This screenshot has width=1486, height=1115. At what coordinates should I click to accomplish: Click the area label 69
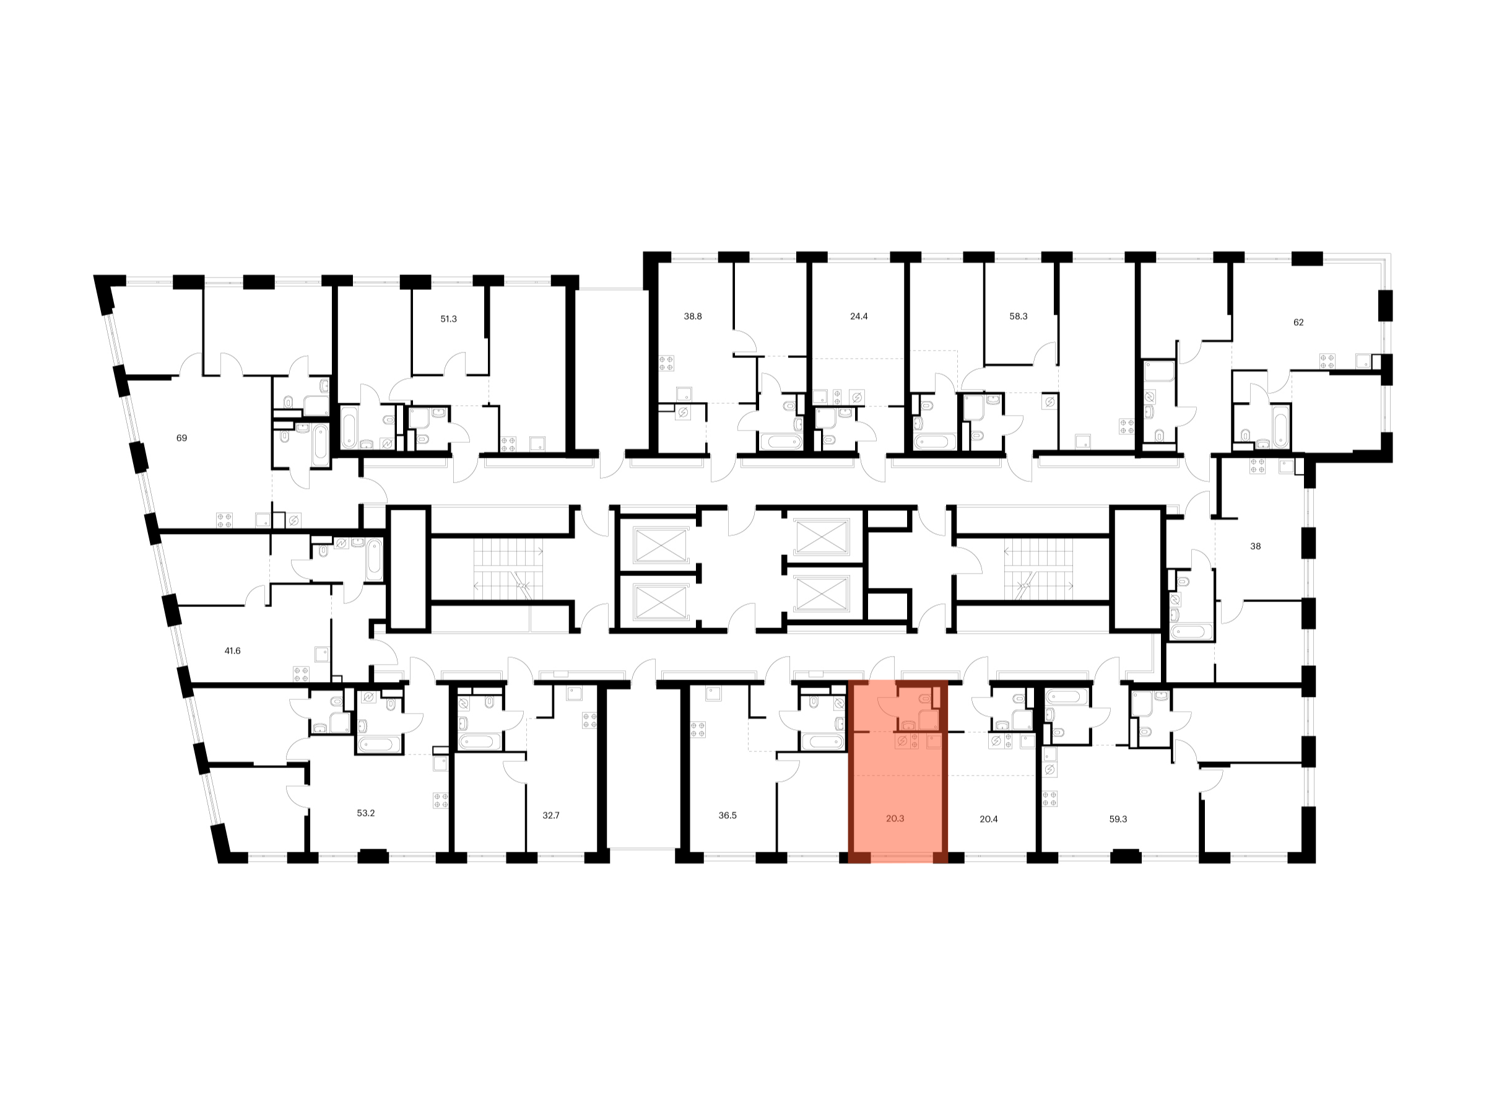coord(181,438)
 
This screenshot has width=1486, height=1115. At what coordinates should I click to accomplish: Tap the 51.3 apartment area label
coord(448,319)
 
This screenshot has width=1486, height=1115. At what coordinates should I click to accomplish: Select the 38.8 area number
coord(693,317)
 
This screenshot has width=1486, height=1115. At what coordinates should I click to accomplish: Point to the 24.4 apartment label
coord(859,317)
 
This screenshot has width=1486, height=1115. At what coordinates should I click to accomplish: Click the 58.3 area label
coord(1019,317)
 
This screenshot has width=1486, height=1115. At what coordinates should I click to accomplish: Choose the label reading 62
coord(1298,323)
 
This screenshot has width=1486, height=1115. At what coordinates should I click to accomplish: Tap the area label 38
coord(1256,546)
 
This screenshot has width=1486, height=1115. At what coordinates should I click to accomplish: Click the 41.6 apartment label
coord(232,650)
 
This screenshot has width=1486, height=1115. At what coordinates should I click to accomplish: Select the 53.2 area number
coord(365,813)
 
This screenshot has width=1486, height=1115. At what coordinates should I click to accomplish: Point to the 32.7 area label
coord(551,815)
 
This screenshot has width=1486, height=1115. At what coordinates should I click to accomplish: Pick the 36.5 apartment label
coord(728,815)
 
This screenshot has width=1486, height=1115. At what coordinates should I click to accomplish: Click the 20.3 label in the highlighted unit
coord(895,819)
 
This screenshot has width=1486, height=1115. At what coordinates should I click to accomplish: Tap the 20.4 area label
coord(989,820)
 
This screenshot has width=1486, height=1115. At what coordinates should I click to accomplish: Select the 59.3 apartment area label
coord(1118,820)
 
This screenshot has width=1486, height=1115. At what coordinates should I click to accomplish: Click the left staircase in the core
coord(508,569)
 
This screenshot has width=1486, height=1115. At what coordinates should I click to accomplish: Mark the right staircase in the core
coord(1038,569)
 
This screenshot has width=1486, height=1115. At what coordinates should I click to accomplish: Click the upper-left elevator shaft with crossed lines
coord(661,544)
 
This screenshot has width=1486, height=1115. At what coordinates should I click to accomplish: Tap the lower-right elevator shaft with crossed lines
coord(821,594)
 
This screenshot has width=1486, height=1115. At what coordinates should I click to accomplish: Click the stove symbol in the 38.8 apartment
coord(666,363)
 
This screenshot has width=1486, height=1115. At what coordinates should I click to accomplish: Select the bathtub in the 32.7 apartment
coord(479,742)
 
